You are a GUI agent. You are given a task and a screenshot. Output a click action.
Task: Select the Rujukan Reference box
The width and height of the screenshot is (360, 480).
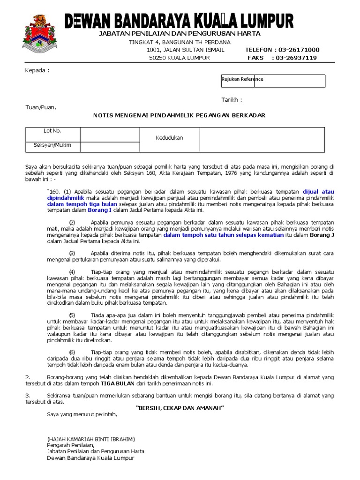[x=273, y=81]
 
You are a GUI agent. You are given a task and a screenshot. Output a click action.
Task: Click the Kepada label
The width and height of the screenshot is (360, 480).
[x=37, y=70]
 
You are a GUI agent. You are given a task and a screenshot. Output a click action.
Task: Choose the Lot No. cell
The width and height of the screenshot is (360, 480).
[x=52, y=134]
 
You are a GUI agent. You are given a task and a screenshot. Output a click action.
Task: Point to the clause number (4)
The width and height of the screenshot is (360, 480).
[x=72, y=272]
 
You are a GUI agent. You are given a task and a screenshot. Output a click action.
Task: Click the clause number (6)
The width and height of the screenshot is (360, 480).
[x=72, y=352]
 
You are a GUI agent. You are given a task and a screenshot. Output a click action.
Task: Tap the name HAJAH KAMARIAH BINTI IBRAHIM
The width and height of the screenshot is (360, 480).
[x=91, y=439]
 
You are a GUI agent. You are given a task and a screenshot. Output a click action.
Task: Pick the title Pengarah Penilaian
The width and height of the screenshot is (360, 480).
[x=71, y=445]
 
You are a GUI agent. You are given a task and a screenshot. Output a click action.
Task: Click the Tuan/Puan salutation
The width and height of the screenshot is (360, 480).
[x=40, y=107]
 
